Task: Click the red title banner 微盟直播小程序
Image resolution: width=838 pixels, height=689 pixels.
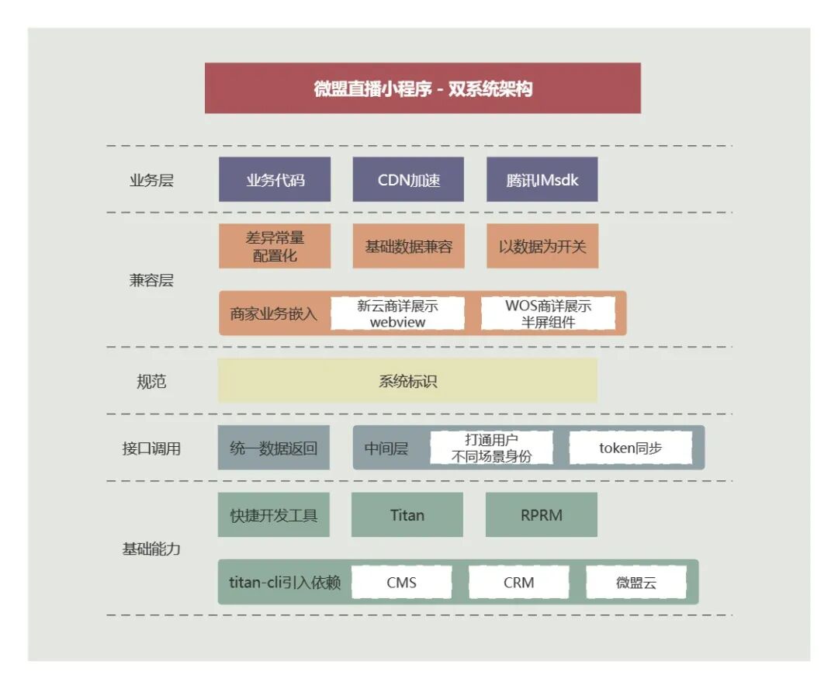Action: [423, 88]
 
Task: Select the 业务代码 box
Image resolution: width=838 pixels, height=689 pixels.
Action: [275, 180]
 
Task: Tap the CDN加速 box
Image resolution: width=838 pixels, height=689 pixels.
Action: [408, 180]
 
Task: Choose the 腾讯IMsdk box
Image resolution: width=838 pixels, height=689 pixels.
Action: [542, 180]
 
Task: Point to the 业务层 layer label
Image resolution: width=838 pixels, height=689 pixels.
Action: [151, 181]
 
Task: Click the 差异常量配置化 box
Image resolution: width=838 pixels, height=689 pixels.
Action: [275, 247]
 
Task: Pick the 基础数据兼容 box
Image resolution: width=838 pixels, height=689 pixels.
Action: [408, 247]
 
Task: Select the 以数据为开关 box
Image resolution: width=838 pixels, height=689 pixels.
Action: [542, 247]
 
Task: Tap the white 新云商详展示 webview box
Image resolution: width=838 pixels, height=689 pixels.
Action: [397, 313]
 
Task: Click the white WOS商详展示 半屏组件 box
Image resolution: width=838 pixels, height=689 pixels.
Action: [548, 313]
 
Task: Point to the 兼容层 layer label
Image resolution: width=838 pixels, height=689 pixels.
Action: [151, 280]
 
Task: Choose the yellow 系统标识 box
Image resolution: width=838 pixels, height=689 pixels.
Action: [407, 381]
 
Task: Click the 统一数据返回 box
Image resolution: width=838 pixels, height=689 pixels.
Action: [274, 448]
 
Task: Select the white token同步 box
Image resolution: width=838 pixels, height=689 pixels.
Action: [630, 448]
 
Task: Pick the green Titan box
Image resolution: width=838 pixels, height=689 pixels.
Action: [407, 514]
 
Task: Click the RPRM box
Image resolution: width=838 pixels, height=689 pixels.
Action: [542, 514]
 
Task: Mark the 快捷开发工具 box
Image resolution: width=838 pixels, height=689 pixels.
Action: [274, 514]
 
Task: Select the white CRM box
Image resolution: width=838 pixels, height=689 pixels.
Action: [518, 582]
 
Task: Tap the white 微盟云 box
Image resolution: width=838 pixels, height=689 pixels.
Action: [636, 582]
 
